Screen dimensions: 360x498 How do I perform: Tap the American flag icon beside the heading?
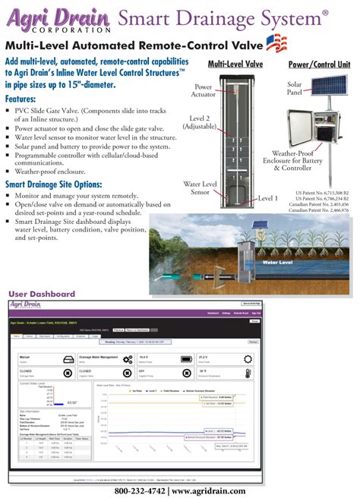click(x=276, y=44)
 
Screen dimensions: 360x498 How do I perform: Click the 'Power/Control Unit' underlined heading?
click(x=319, y=65)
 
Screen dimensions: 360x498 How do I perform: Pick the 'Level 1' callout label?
click(x=268, y=198)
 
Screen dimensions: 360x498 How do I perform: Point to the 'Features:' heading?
click(x=26, y=99)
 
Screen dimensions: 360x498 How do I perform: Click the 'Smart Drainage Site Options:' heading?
click(x=65, y=184)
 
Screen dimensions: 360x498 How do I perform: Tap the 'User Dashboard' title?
click(x=42, y=294)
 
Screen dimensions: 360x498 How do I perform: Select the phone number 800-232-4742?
click(x=143, y=490)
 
